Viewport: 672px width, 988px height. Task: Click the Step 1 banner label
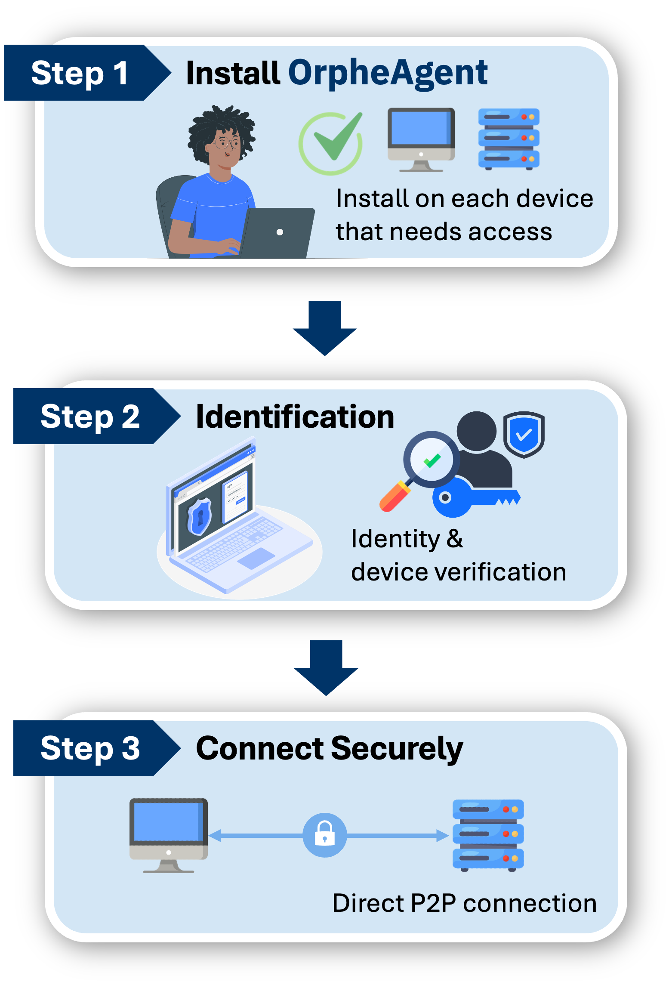pos(80,73)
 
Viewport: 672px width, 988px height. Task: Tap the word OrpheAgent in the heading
pos(388,73)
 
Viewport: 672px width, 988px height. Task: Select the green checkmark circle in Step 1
pos(331,143)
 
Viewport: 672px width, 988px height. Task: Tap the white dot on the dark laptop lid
pos(280,232)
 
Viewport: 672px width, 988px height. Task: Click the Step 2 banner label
pos(90,416)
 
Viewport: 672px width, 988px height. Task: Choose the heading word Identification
pos(295,417)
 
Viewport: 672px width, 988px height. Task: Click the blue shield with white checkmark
pos(524,435)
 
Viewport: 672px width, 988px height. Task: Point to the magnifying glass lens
pos(432,460)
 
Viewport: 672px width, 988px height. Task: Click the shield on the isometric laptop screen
pos(199,517)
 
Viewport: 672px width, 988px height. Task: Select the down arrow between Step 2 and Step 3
pos(326,667)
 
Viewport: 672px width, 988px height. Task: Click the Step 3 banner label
pos(90,748)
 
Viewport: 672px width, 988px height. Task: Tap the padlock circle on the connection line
pos(325,835)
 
